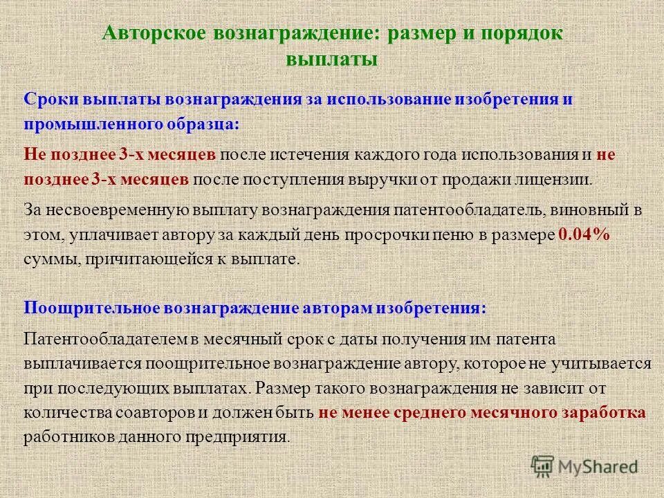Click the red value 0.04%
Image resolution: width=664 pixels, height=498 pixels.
[584, 235]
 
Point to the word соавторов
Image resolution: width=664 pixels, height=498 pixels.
[151, 413]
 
